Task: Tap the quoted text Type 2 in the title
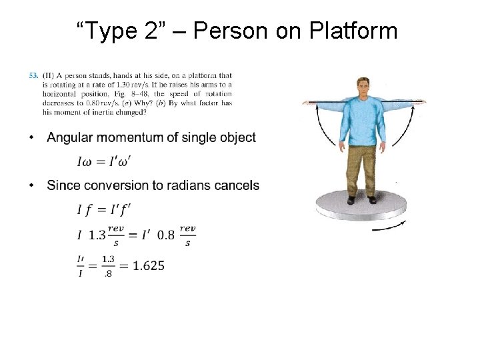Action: click(x=117, y=31)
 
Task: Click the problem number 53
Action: click(x=33, y=75)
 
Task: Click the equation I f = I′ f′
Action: click(x=104, y=210)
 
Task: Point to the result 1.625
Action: click(x=148, y=265)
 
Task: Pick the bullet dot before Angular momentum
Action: click(x=32, y=138)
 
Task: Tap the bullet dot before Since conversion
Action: click(x=32, y=185)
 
